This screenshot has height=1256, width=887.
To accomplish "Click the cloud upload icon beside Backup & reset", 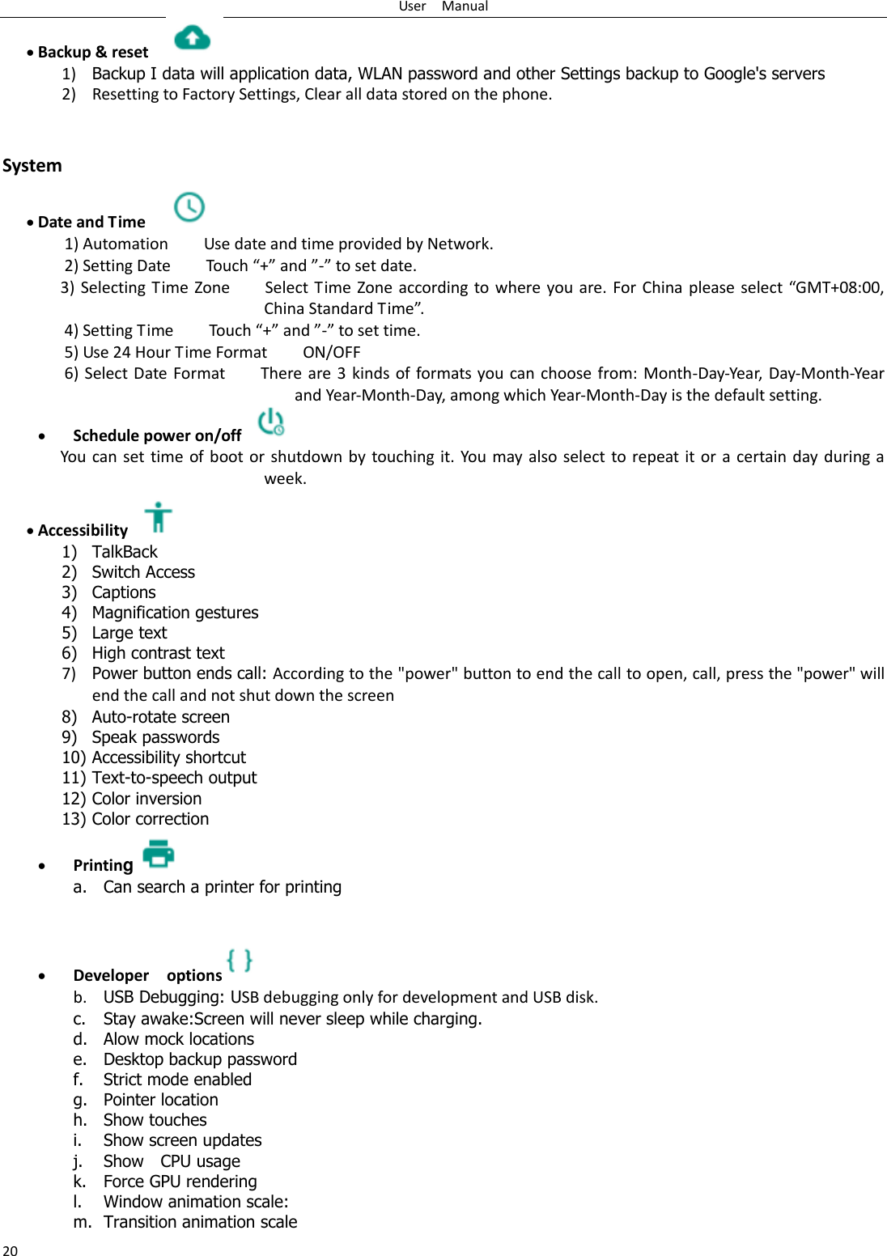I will coord(193,37).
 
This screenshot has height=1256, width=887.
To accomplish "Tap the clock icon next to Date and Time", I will coord(189,207).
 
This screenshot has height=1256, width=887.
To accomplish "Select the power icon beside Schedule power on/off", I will coord(270,422).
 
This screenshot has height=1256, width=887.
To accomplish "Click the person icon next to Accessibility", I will coord(159,517).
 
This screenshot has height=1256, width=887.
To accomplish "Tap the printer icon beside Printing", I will coord(159,854).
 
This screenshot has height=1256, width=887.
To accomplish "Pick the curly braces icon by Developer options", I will coord(240,961).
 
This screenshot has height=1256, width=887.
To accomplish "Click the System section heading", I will coord(32,166).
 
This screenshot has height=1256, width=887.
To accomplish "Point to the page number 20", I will coord(10,1250).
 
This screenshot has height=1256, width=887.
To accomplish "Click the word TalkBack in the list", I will coord(125,552).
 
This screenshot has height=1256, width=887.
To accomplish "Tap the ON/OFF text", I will coord(332,352).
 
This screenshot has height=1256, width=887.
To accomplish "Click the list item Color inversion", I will coord(146,799).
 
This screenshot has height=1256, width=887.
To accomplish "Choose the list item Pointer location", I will coord(160,1100).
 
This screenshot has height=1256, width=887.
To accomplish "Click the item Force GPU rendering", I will coord(180,1182).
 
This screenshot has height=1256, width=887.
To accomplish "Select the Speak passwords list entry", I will coord(155,737).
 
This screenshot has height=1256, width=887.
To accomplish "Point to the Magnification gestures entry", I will coord(175,613).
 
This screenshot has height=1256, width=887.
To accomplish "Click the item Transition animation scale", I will coord(200,1222).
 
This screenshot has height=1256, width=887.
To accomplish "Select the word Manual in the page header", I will coord(465,6).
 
